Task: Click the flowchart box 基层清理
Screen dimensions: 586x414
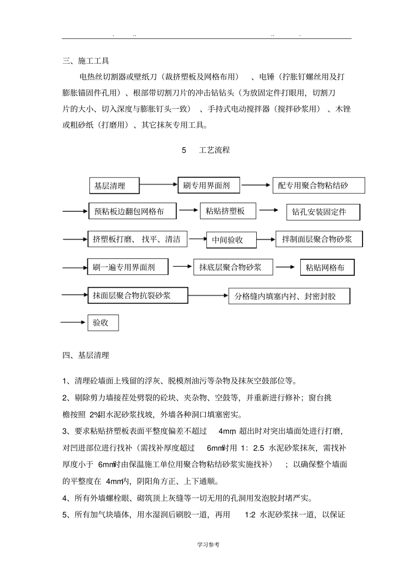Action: (x=114, y=186)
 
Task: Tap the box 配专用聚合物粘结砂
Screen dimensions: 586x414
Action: (x=319, y=186)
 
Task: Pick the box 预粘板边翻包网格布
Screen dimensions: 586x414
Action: (x=132, y=212)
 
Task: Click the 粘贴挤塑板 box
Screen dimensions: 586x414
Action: (x=228, y=211)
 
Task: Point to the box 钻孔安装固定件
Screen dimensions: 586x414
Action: (x=323, y=212)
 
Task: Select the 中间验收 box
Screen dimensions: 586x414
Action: (x=231, y=240)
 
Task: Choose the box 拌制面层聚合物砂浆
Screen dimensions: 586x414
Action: (x=319, y=239)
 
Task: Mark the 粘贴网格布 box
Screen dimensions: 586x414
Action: (x=327, y=268)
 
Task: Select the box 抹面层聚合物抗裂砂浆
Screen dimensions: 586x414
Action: (x=138, y=295)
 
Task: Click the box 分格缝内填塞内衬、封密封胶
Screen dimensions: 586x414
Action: (x=288, y=296)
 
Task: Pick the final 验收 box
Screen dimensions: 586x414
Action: (x=103, y=323)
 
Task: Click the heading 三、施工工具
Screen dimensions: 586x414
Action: (x=85, y=61)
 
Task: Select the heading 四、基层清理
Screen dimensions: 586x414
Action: (x=85, y=356)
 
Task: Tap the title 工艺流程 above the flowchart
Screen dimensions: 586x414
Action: (x=214, y=150)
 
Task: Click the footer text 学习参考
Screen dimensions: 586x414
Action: (x=208, y=545)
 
